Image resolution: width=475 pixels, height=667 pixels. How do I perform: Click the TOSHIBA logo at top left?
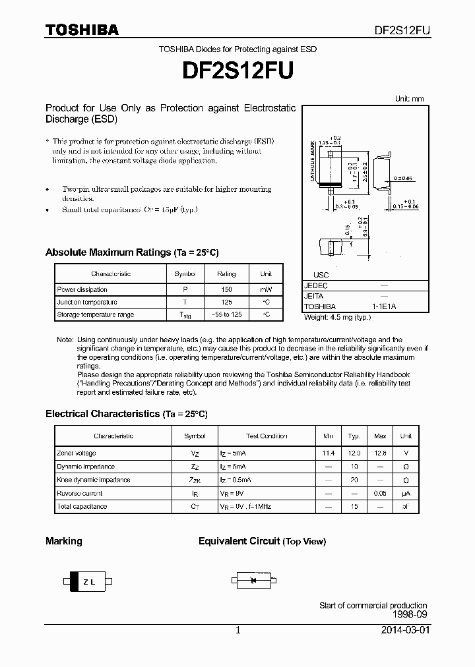coord(82,30)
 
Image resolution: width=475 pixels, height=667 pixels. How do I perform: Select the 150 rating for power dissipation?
coord(226,290)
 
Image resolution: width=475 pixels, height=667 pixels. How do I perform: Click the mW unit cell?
coord(266,290)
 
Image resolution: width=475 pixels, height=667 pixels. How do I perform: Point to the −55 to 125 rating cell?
coord(226,315)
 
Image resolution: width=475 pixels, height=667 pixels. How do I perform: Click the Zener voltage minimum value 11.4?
coord(329,453)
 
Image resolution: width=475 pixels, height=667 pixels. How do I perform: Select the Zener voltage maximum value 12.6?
coord(380,453)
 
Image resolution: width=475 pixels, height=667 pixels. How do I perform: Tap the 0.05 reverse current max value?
coord(380,493)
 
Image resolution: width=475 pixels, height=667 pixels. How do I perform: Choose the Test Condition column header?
coord(267,436)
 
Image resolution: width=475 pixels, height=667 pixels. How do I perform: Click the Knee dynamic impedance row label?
coord(94,480)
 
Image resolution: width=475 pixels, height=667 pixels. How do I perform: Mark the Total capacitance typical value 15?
coord(354,506)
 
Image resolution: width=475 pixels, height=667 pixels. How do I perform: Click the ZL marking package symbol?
coord(88,581)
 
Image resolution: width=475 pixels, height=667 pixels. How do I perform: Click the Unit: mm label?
coord(409,99)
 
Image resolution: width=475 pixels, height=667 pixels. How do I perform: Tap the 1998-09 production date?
coord(409,615)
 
